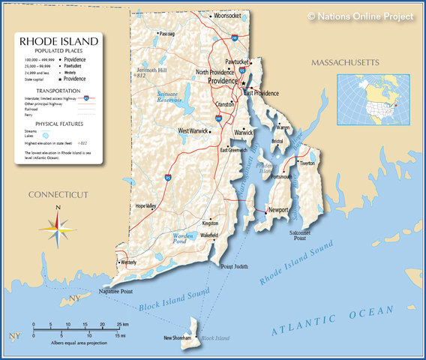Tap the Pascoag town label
167,34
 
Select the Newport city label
278,211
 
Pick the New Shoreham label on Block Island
178,338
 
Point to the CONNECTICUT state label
58,195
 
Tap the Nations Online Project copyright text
360,16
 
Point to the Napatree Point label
115,291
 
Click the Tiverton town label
307,163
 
